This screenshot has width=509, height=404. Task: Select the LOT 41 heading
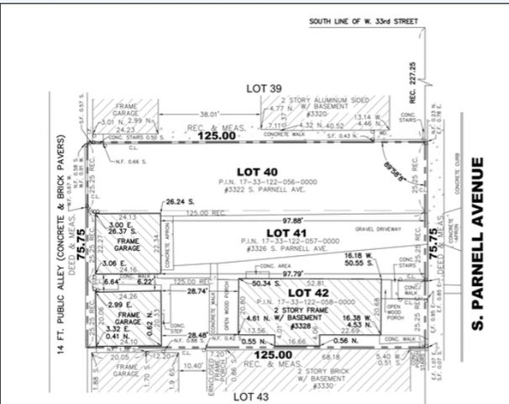click(x=285, y=231)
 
